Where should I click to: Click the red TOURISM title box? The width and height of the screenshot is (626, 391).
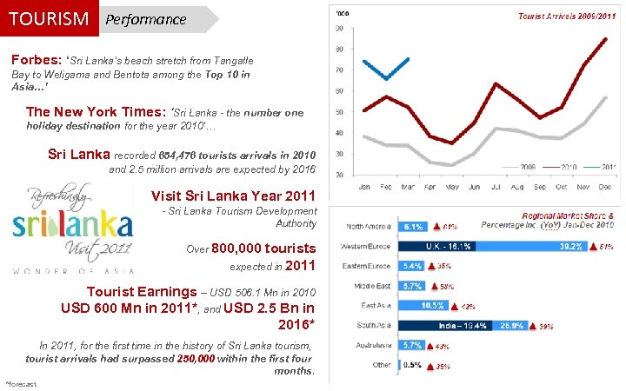(x=49, y=18)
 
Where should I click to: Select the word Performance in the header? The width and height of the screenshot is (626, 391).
(x=144, y=19)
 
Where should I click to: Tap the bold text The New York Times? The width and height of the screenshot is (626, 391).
(x=96, y=112)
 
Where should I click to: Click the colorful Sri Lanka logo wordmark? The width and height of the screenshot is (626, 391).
(x=73, y=225)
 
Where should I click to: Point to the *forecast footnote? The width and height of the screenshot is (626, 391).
(x=22, y=383)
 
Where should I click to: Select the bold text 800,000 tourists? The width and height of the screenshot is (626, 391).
(x=263, y=248)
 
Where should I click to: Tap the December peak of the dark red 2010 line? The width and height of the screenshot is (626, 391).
(x=605, y=39)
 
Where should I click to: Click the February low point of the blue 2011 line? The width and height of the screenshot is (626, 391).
(x=386, y=79)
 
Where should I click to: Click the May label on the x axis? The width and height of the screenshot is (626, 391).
(x=450, y=185)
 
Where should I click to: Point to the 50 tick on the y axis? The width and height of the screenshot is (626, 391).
(x=339, y=111)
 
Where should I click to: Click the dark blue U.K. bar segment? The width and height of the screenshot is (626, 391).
(x=454, y=246)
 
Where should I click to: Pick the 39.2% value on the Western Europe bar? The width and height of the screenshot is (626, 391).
(x=571, y=246)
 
